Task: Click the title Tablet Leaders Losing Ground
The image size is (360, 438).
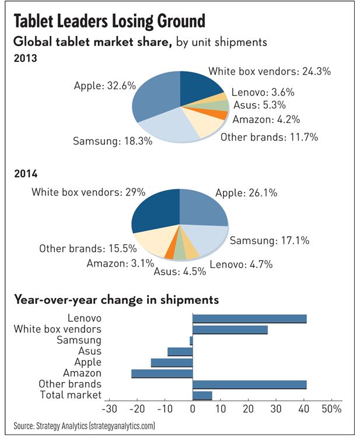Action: tap(109, 22)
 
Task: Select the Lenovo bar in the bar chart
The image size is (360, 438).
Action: tap(249, 318)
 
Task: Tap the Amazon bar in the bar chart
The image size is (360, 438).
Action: tap(162, 373)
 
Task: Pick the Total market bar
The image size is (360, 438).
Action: tap(202, 395)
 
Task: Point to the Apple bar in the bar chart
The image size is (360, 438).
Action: tap(172, 362)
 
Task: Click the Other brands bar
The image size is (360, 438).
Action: tap(249, 384)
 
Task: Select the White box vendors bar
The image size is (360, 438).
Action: tap(230, 330)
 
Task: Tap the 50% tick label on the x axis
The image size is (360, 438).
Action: tap(331, 408)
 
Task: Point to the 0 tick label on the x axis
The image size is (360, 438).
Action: tap(193, 408)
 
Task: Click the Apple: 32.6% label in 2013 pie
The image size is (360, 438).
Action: tap(104, 86)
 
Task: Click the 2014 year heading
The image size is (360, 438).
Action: tap(25, 173)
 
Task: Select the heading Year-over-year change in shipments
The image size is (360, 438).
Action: tap(117, 300)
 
